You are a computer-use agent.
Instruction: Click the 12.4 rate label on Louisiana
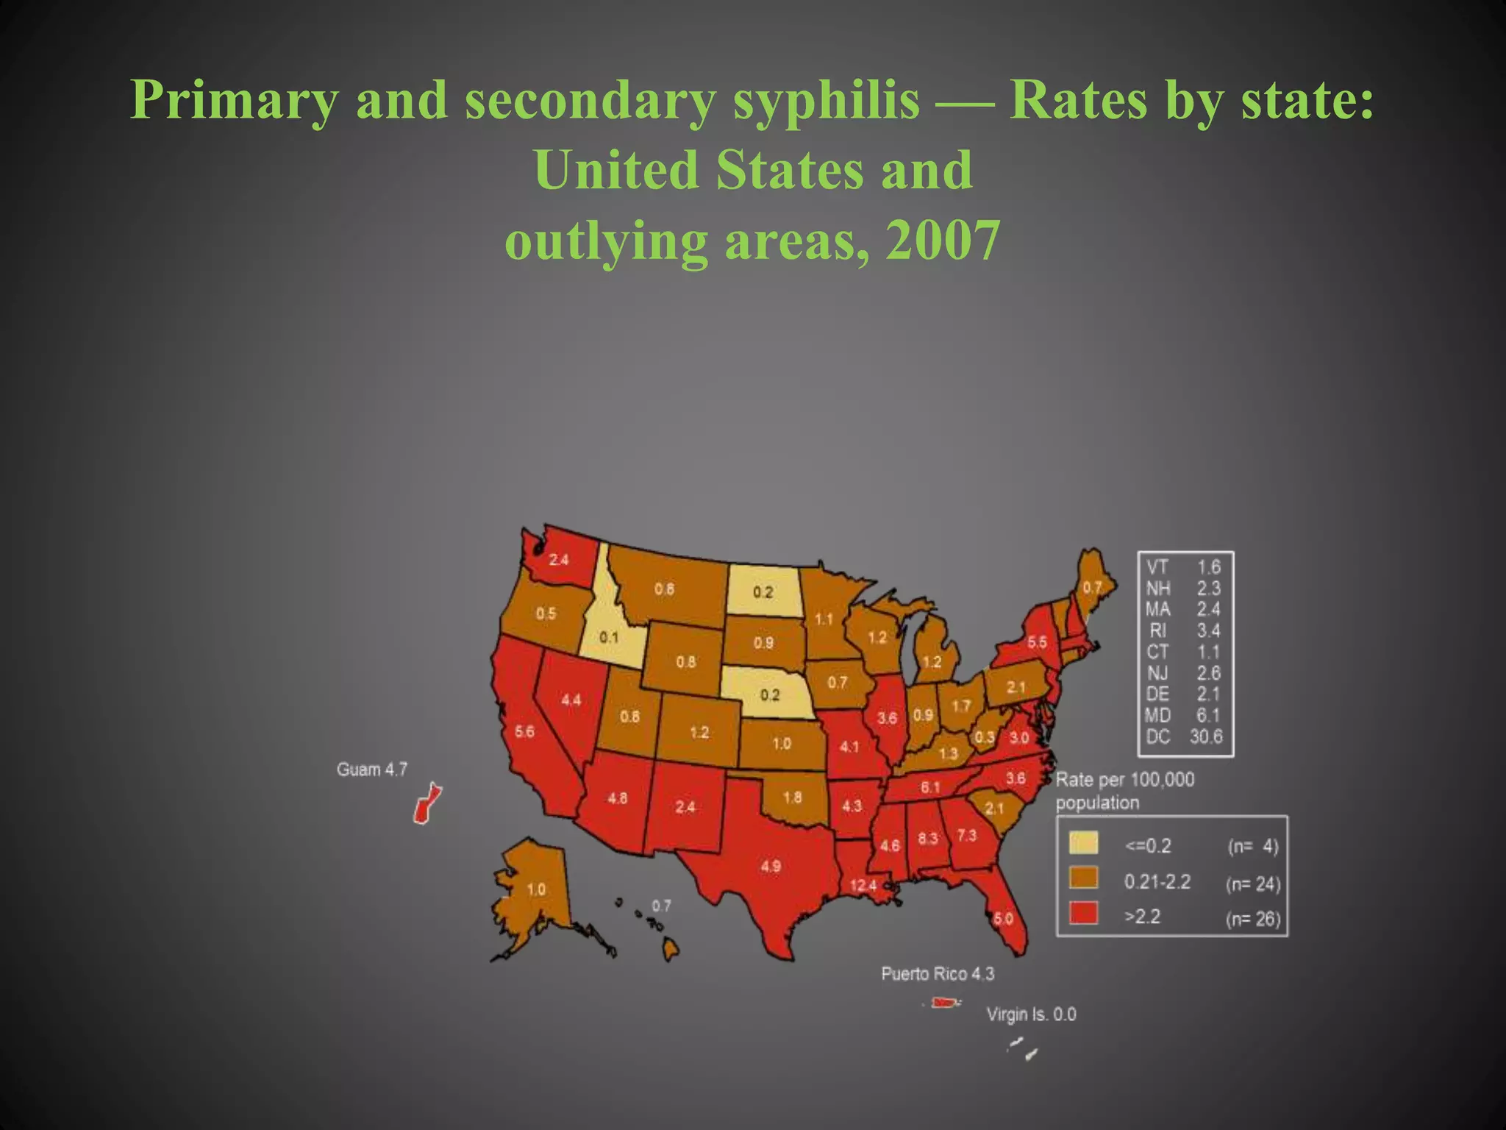[863, 885]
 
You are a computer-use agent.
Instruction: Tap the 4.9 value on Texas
[770, 866]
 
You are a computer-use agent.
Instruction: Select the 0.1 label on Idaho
[608, 637]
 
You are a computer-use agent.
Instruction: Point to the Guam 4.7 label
[371, 770]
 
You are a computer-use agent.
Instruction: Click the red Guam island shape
[425, 803]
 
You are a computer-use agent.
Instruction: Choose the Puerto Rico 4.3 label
[938, 974]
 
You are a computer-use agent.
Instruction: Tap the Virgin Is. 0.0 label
[1031, 1014]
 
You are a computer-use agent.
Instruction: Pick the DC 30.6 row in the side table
[1184, 736]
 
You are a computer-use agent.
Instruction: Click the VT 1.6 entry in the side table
[1184, 566]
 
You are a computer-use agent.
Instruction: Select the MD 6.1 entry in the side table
[1184, 715]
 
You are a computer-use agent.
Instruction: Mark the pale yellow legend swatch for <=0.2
[1083, 842]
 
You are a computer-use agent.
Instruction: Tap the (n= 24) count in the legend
[1253, 884]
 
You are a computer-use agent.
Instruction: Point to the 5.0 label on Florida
[1003, 918]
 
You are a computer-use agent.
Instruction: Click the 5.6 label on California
[524, 731]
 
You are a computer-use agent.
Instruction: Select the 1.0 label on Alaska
[536, 889]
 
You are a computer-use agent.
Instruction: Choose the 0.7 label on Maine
[1092, 587]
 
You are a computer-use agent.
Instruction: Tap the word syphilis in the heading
[826, 100]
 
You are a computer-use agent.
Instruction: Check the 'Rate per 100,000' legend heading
[1125, 779]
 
